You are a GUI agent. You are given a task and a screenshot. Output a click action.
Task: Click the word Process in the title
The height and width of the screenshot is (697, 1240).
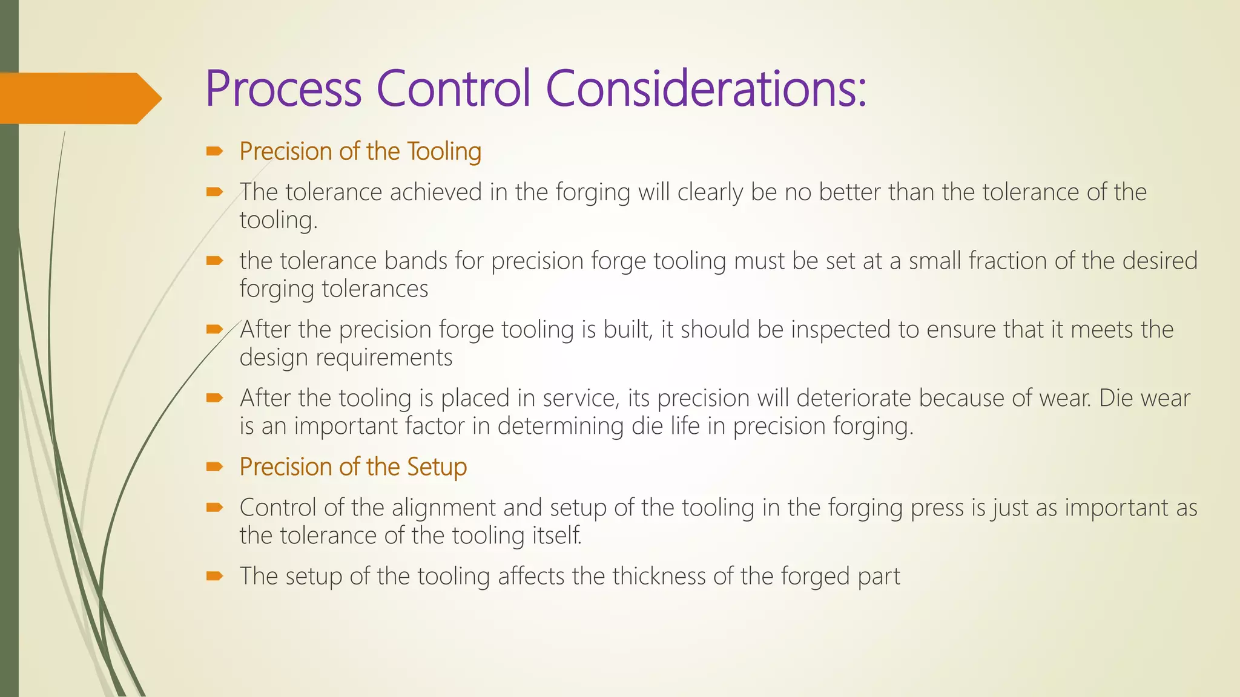[283, 88]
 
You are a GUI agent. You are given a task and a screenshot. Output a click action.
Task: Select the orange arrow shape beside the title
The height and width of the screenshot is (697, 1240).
[79, 98]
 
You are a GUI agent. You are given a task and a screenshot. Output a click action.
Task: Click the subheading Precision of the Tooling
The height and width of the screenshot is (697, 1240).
[360, 151]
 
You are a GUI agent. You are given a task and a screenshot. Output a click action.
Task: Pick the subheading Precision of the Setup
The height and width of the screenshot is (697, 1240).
[353, 467]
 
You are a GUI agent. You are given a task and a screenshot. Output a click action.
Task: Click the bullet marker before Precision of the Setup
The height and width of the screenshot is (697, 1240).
[214, 466]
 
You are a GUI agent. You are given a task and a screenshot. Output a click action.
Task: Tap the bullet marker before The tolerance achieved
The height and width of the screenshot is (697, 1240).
[214, 192]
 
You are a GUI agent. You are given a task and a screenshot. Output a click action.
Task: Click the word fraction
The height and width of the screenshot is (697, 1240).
[1007, 261]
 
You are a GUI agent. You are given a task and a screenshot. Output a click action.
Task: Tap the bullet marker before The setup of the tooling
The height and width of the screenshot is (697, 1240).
[214, 576]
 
